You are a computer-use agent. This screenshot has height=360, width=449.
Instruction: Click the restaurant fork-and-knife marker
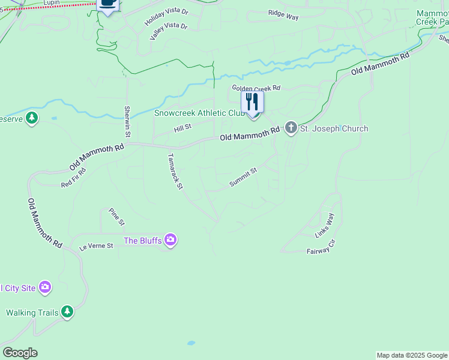tap(252, 102)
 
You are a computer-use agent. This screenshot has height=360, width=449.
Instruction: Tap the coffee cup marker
tap(107, 3)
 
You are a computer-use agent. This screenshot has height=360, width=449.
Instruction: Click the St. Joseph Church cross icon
tap(291, 128)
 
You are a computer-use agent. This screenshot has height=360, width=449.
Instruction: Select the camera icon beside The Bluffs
tap(171, 241)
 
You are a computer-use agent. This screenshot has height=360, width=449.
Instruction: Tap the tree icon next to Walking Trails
tap(67, 311)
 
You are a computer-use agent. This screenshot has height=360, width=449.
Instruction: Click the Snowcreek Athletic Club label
tap(199, 113)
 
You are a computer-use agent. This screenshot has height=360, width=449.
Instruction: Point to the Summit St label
tap(243, 178)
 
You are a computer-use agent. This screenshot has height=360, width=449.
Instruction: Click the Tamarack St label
tap(175, 171)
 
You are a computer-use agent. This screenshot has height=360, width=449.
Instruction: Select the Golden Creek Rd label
tap(256, 88)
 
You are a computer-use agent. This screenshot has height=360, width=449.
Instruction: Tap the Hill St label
tap(182, 127)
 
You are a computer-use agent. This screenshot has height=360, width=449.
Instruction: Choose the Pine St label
tap(116, 217)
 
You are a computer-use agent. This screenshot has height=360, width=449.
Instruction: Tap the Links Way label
tap(325, 226)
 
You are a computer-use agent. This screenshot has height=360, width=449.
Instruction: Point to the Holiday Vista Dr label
tap(166, 17)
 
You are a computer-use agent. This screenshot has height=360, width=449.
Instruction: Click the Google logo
tap(20, 353)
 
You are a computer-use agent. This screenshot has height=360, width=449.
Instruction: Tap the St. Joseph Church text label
tap(334, 128)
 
